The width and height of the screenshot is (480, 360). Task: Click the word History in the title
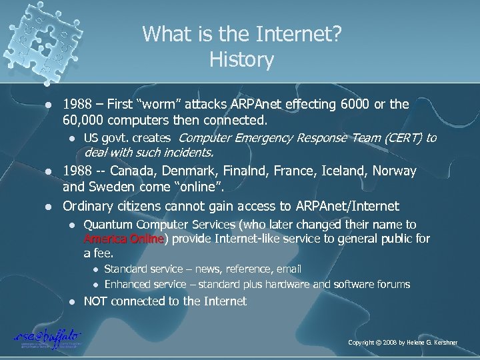click(241, 61)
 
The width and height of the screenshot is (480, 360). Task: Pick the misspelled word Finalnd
click(249, 171)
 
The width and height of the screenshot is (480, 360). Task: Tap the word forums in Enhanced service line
click(394, 284)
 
